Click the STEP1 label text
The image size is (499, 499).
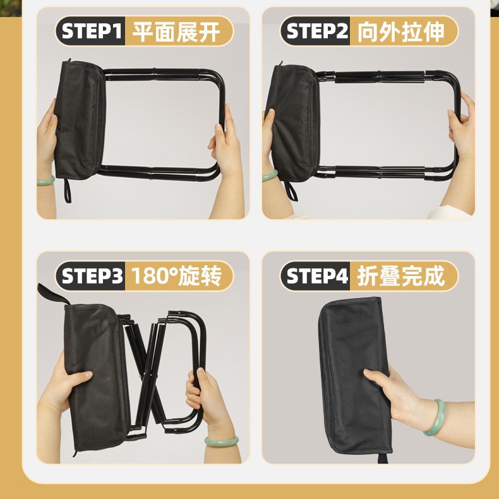click(92, 31)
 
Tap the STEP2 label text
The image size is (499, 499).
click(317, 31)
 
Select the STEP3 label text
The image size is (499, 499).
click(92, 275)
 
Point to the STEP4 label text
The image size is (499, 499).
click(317, 275)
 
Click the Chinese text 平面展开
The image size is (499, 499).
click(176, 32)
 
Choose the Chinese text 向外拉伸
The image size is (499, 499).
click(400, 32)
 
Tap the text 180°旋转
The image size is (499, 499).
click(176, 276)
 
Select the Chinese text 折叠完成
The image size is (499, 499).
click(400, 276)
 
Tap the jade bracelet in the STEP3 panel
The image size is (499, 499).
click(221, 441)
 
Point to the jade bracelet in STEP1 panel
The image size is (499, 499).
click(45, 181)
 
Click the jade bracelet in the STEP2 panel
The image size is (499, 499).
click(270, 176)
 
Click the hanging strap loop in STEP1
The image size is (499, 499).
click(68, 190)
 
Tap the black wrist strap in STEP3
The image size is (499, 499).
click(52, 294)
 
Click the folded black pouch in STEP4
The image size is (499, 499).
click(354, 376)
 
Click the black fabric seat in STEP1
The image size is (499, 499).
click(80, 119)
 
